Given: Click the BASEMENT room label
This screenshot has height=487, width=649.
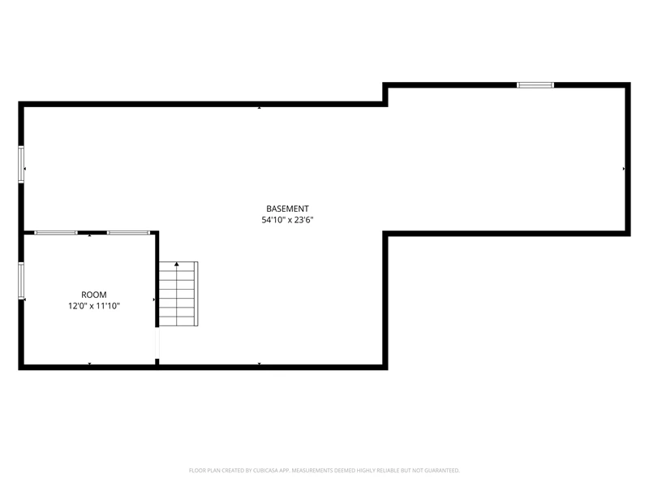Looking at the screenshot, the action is (287, 209).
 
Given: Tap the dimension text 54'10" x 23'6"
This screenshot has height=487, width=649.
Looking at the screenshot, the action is (287, 220).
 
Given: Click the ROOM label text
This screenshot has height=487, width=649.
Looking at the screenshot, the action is (94, 295).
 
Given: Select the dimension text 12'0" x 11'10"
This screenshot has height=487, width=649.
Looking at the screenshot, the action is (94, 306).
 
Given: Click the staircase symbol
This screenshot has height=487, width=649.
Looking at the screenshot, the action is (178, 294).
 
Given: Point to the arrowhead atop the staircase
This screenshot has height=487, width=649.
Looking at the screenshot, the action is (177, 264).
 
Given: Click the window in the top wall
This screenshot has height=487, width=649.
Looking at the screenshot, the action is (535, 85).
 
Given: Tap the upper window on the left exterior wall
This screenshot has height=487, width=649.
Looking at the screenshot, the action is (21, 164).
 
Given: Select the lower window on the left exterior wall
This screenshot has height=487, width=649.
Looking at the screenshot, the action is (21, 280).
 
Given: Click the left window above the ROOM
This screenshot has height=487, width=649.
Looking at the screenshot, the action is (55, 233).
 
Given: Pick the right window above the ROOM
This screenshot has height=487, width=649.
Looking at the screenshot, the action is (128, 233).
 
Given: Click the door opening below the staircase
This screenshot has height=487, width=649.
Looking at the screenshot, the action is (157, 343).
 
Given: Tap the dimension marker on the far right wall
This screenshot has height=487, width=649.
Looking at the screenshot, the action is (624, 169).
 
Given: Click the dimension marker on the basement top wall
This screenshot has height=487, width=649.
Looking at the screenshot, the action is (260, 108).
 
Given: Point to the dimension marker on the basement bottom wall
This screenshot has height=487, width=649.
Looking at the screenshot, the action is (260, 364).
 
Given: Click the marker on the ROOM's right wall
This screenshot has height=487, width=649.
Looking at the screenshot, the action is (154, 300).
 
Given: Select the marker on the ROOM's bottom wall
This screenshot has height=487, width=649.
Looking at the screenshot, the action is (90, 364).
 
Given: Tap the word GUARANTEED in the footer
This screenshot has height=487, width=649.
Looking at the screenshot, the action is (442, 471).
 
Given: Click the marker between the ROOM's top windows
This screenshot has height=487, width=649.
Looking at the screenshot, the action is (90, 235).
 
